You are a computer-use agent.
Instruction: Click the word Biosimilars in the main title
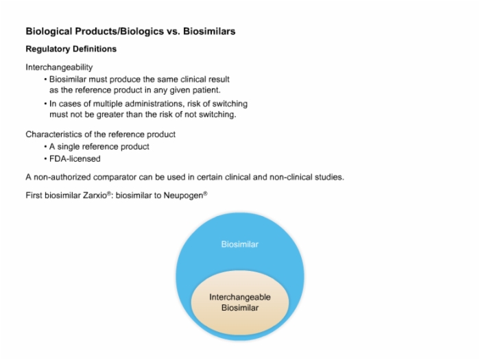click(209, 32)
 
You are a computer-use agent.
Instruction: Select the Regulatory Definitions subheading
click(71, 49)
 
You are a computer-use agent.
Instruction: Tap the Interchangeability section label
click(59, 67)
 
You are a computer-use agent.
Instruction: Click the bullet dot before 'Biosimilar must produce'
click(46, 80)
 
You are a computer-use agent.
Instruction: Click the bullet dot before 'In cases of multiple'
click(46, 104)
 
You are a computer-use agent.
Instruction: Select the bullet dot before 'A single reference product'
click(46, 147)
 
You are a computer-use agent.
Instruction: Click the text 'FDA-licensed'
click(75, 159)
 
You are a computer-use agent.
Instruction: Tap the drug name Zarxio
click(95, 195)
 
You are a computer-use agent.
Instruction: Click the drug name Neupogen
click(183, 195)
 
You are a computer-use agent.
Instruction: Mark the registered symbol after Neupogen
click(206, 193)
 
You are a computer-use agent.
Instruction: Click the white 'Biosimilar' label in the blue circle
click(240, 244)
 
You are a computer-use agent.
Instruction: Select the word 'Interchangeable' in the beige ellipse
click(240, 297)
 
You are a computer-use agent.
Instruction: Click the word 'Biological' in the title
click(49, 32)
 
